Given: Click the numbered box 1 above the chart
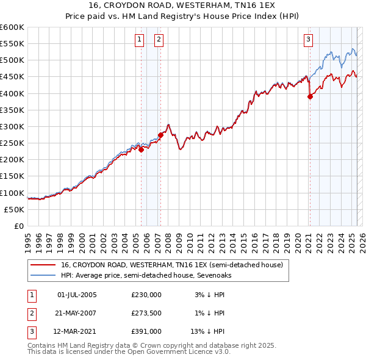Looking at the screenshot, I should (x=140, y=40).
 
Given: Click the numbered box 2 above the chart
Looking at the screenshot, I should (x=159, y=40).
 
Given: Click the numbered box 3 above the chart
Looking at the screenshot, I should (x=309, y=40).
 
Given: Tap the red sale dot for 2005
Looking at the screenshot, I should (x=141, y=149).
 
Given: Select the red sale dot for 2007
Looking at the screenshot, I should (x=160, y=135).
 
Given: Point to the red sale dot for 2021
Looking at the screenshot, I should (x=310, y=96).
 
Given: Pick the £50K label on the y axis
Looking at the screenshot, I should (x=15, y=209).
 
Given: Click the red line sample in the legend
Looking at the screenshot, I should (x=43, y=265).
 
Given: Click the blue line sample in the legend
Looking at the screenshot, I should (x=43, y=275).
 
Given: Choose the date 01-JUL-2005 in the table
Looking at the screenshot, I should (x=76, y=294).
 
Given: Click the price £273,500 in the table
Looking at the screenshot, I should (x=146, y=313).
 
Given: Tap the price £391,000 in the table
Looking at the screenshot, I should (x=146, y=331).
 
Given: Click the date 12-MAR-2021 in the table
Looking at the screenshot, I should (x=77, y=331).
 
